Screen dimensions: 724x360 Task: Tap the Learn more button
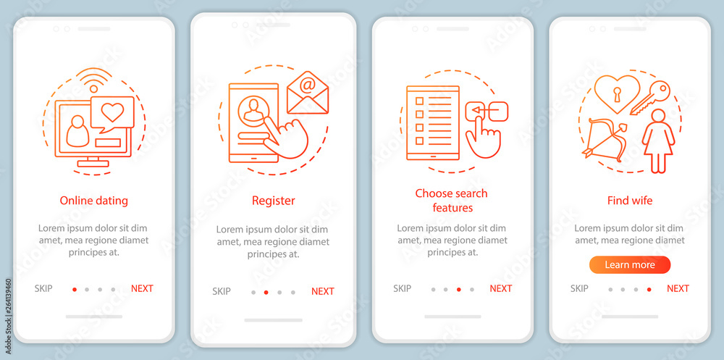pyautogui.click(x=630, y=265)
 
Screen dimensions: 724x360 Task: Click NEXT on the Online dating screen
pyautogui.click(x=142, y=288)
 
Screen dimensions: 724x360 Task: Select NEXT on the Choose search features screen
pyautogui.click(x=500, y=288)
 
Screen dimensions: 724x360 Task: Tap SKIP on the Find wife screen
pyautogui.click(x=579, y=288)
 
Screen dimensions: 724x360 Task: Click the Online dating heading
pyautogui.click(x=93, y=201)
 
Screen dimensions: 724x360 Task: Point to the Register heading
pyautogui.click(x=274, y=201)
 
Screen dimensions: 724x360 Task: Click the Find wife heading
pyautogui.click(x=630, y=201)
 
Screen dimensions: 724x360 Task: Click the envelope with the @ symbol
pyautogui.click(x=308, y=93)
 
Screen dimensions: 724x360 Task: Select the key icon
pyautogui.click(x=650, y=98)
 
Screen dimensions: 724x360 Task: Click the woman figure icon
pyautogui.click(x=658, y=141)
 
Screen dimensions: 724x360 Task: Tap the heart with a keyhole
pyautogui.click(x=617, y=94)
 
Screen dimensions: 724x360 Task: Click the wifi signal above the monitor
pyautogui.click(x=94, y=81)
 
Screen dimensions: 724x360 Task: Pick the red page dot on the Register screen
pyautogui.click(x=266, y=292)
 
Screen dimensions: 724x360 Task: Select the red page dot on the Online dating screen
pyautogui.click(x=75, y=289)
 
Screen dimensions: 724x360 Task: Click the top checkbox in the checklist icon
pyautogui.click(x=420, y=100)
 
